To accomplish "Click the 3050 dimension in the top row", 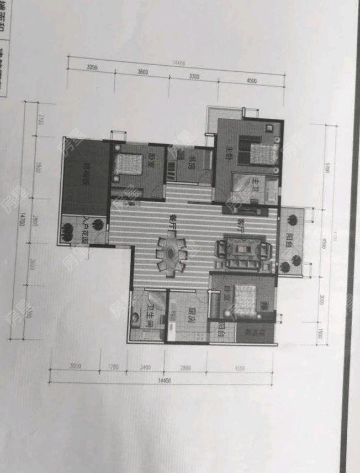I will (92, 67).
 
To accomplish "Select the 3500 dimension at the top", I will (194, 77).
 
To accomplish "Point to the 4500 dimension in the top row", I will (252, 81).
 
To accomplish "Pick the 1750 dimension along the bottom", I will (114, 366).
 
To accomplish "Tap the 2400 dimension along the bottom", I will (145, 366).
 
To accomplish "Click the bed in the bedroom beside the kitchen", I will (243, 300).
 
